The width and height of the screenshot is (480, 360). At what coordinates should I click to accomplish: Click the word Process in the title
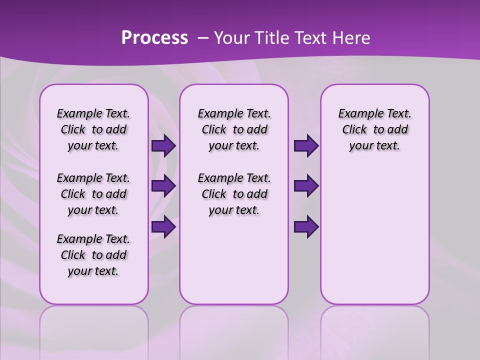pos(154,38)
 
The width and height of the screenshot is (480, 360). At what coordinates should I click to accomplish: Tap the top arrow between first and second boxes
pos(163,145)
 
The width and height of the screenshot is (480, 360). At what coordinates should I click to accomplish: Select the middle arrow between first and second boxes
pos(163,186)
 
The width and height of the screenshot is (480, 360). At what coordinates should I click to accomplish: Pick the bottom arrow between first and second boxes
pos(163,227)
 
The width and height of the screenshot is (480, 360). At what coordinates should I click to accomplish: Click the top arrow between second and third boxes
pos(306,145)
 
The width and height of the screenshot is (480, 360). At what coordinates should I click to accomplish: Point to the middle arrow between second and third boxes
pos(306,186)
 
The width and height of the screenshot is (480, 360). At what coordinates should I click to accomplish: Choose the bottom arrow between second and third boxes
pos(306,227)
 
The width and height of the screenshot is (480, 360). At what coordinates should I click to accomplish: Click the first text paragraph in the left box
pos(93,129)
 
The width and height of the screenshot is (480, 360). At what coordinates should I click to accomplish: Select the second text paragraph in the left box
pos(93,194)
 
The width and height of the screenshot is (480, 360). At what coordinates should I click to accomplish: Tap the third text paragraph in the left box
pos(93,255)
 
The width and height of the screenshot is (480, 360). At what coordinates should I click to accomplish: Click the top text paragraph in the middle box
pos(234,129)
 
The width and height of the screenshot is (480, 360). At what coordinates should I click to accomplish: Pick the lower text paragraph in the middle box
pos(234,194)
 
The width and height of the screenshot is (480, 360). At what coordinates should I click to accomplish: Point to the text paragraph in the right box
pos(374,129)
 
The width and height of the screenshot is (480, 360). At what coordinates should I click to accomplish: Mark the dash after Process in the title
pos(203,38)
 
